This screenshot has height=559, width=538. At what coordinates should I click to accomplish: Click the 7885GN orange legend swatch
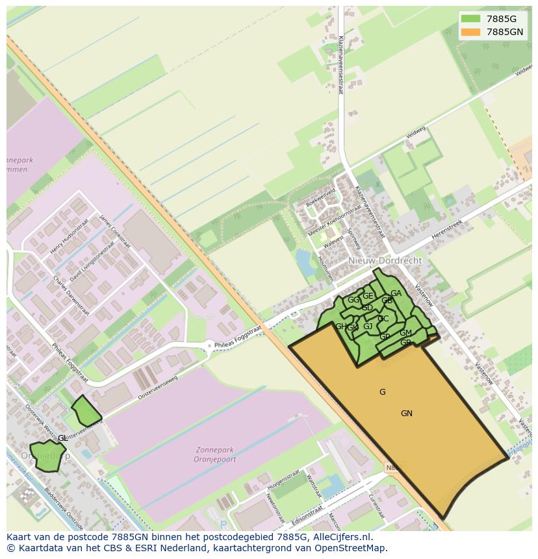click(471, 32)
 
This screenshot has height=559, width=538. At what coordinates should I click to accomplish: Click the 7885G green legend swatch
click(471, 19)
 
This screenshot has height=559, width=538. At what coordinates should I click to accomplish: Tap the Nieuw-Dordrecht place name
click(385, 260)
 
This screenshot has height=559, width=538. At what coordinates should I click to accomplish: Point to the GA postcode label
click(396, 293)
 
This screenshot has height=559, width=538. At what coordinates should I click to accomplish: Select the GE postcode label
click(368, 296)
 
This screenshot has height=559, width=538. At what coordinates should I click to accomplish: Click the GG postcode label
click(353, 300)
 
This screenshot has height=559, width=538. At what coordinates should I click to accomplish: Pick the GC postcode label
click(383, 318)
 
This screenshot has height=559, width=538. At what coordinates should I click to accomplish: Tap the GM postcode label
click(405, 333)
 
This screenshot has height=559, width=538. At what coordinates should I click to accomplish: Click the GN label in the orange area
click(407, 414)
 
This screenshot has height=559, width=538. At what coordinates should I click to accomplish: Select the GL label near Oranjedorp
click(62, 438)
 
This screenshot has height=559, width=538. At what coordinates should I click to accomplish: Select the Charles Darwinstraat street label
click(70, 296)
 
